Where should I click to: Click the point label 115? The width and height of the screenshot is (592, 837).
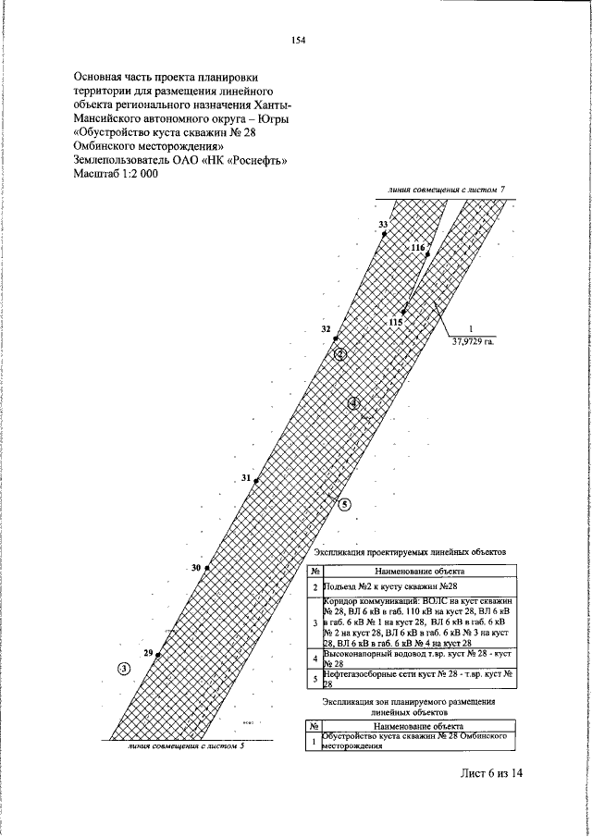396,322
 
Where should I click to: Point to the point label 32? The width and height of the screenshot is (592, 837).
326,329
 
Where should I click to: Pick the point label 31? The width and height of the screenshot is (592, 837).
246,478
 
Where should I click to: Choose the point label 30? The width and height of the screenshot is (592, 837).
196,567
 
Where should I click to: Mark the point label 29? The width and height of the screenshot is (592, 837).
148,653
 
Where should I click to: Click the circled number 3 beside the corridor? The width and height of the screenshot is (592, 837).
123,669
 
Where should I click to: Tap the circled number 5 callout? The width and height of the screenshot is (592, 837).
344,505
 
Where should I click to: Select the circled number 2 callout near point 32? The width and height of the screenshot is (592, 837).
340,354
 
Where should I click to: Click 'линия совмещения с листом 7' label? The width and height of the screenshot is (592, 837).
448,190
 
